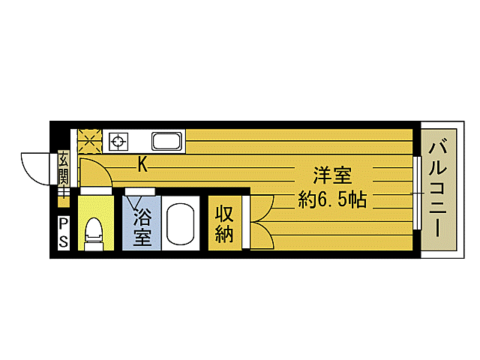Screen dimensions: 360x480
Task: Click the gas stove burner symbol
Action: pos(118,140)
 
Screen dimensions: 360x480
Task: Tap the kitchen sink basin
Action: pos(166,141)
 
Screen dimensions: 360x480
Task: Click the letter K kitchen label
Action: pos(142,164)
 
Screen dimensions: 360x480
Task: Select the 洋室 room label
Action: pos(332,177)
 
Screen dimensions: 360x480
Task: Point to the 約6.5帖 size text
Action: pos(331,200)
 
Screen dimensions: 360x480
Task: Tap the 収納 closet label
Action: pos(224,223)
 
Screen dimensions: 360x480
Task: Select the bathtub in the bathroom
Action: pos(178,223)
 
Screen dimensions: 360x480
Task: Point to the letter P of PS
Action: pos(63,223)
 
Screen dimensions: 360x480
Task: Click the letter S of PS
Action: pos(63,241)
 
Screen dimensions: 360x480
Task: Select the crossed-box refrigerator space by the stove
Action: pos(91,140)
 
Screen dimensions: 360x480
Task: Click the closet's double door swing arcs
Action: pos(259,221)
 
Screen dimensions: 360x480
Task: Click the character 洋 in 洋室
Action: pos(322,177)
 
